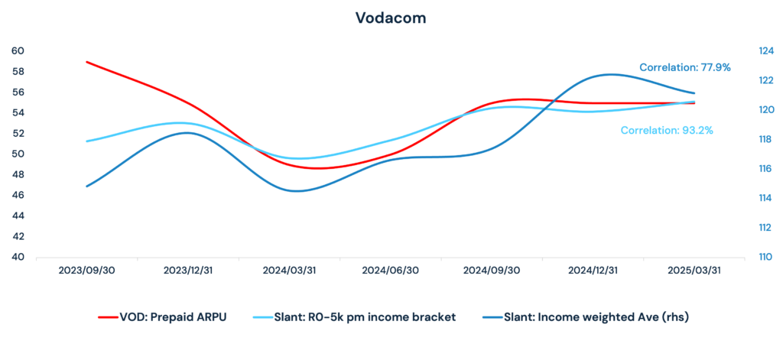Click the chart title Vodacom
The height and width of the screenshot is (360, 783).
coord(391,18)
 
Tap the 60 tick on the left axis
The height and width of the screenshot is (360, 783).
coord(18,51)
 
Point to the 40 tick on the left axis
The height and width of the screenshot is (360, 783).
coord(18,257)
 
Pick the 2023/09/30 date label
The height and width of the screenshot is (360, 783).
coord(86,271)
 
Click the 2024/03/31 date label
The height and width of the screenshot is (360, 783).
coord(290,271)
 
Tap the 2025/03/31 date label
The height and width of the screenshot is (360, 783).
coord(694,271)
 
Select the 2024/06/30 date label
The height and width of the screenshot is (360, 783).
coord(390,271)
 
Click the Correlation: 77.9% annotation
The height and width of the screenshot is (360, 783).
coord(684,67)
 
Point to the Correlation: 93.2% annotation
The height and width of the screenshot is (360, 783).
coord(667,131)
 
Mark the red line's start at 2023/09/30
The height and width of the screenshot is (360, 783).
coord(86,62)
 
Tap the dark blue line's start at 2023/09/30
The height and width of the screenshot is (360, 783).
coord(86,186)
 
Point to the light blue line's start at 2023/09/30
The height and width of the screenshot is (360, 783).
coord(86,141)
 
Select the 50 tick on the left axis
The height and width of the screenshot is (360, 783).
coord(18,154)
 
